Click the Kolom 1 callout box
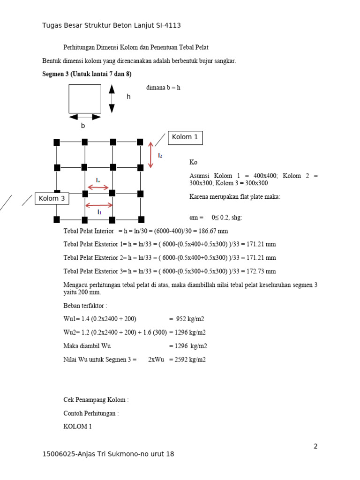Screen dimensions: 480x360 (x=185, y=137)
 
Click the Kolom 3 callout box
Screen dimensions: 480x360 (x=52, y=199)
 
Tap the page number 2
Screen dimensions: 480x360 (x=315, y=446)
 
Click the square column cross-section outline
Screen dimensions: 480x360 (x=85, y=98)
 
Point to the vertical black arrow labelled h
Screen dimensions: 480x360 (x=112, y=98)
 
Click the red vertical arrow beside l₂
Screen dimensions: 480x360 (x=150, y=155)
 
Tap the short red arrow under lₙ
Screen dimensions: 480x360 (x=98, y=187)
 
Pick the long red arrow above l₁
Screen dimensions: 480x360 (x=99, y=205)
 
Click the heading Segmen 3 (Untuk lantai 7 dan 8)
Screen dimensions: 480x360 (x=87, y=74)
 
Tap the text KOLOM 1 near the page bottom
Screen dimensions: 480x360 (x=78, y=427)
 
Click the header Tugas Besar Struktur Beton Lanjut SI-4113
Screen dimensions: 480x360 (x=112, y=25)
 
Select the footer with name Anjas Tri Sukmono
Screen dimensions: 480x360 (x=108, y=454)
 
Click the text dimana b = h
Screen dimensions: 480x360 (x=163, y=88)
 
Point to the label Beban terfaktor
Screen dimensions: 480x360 (x=85, y=305)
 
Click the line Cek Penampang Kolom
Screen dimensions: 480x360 (x=96, y=400)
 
